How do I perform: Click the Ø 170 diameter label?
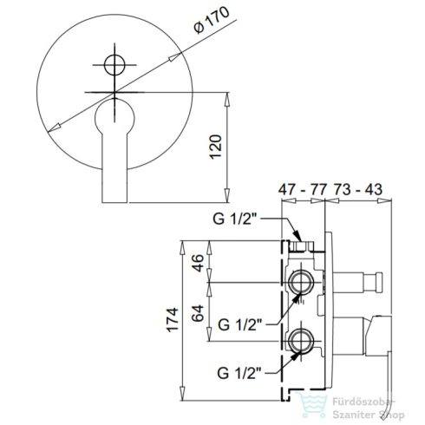pos(212,20)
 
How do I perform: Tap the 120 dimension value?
pos(216,147)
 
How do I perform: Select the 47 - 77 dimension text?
pos(302,190)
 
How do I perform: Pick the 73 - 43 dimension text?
pos(358,190)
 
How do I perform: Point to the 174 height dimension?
pos(173,320)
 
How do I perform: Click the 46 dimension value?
pos(198,263)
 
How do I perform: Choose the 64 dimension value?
pos(198,313)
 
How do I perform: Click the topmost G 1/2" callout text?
pos(235,219)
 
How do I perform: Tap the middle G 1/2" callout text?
pos(240,324)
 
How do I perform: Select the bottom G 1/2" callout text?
pos(239,373)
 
